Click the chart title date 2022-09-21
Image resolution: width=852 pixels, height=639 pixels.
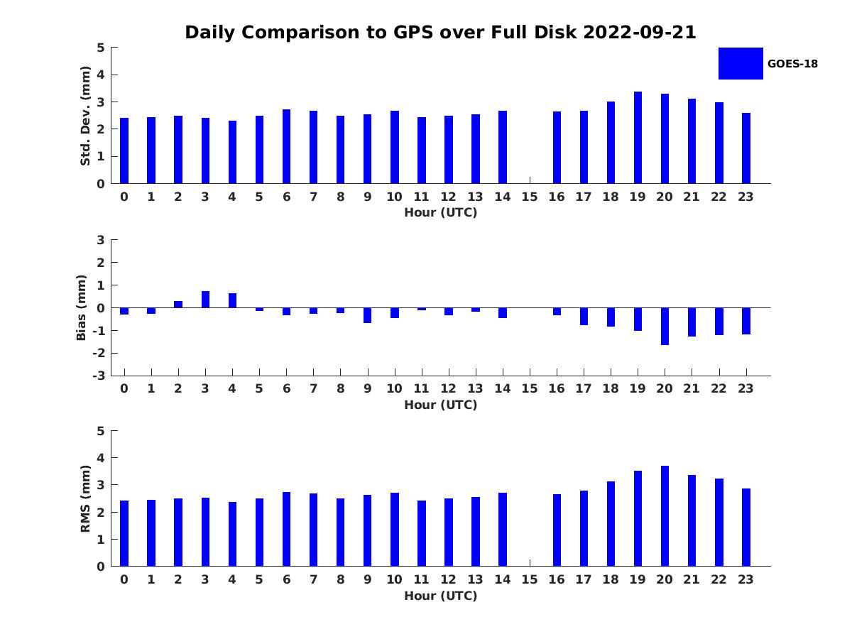coord(639,32)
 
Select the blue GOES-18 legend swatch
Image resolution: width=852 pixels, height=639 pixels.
coord(741,64)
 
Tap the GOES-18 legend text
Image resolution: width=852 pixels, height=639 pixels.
coord(792,64)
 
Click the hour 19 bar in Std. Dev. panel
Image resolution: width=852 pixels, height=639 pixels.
coord(638,137)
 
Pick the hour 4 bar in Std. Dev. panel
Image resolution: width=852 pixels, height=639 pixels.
coord(232,152)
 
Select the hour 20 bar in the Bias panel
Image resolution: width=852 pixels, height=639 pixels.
coord(665,327)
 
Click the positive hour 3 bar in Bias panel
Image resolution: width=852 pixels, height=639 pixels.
coord(205,299)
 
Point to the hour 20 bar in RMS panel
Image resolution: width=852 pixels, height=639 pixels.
coord(665,515)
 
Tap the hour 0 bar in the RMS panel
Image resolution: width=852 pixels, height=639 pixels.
coord(124,533)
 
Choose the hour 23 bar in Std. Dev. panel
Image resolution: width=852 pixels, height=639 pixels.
coord(745,148)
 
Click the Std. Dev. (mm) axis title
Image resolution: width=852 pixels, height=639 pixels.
coord(85,116)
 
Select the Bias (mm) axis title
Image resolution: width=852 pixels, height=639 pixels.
coord(81,307)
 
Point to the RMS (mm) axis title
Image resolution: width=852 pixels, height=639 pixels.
coord(85,498)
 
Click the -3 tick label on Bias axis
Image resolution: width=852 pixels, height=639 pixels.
coord(99,376)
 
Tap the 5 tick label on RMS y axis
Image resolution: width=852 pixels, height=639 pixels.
coord(101,431)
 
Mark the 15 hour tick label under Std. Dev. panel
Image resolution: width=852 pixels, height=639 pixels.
coord(529,197)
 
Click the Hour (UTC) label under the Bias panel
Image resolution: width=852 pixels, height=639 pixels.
coord(441,405)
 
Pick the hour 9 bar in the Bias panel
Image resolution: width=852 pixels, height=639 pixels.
coord(367,315)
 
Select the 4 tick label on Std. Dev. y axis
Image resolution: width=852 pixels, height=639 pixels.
coord(101,75)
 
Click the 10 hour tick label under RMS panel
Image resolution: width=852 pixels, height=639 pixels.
coord(394,579)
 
